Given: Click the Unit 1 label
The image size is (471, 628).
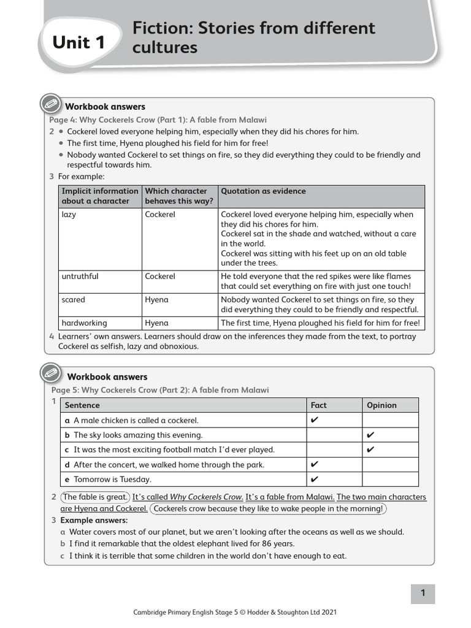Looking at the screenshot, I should [78, 42].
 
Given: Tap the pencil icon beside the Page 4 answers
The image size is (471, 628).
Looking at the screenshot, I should [50, 104].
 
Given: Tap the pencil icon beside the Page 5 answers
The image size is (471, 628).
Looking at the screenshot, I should [50, 373].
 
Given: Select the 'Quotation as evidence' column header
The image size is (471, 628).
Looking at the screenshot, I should [263, 191].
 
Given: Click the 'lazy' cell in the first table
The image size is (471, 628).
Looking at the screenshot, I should [69, 215].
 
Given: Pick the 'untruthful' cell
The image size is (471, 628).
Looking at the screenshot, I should [80, 277].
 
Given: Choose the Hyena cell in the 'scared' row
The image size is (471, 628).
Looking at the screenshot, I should [156, 300].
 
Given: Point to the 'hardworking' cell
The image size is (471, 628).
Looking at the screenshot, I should [84, 323].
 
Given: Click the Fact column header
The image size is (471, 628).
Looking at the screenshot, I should [319, 405].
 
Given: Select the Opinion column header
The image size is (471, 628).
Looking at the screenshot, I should [381, 405].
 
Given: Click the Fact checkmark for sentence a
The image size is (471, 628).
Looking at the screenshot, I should [315, 420].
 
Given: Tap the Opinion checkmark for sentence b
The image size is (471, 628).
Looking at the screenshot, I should [370, 435].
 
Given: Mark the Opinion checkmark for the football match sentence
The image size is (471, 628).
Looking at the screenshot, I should [370, 450].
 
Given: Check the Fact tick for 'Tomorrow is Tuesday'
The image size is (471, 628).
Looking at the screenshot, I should [315, 479].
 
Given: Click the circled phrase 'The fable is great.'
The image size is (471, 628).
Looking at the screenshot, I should [95, 497].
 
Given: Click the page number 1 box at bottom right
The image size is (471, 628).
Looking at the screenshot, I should [423, 593].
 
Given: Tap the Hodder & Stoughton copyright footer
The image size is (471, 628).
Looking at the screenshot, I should [235, 612].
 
